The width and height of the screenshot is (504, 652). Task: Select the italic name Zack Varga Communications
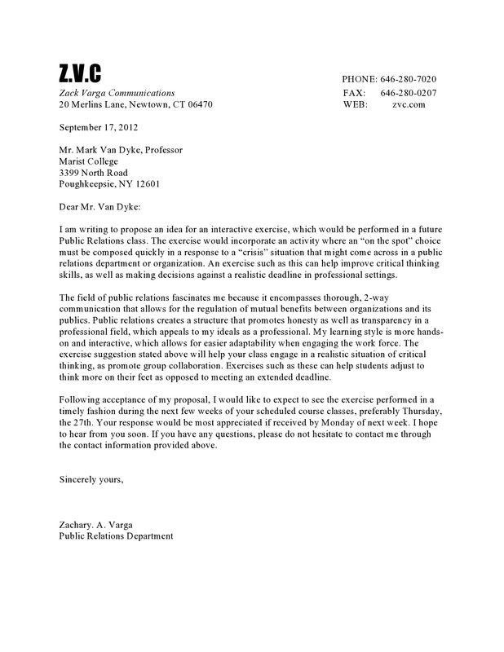point(117,92)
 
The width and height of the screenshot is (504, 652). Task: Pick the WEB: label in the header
point(356,105)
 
